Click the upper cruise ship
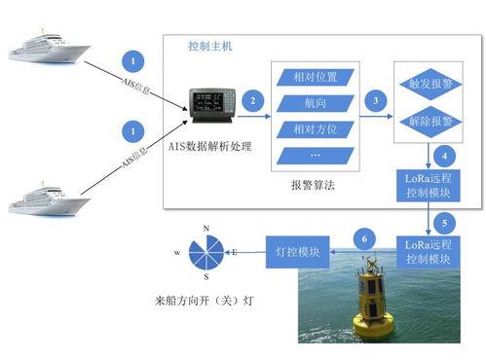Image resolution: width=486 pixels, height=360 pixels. pyautogui.click(x=49, y=48)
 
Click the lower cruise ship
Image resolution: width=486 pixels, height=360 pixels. pyautogui.click(x=49, y=195)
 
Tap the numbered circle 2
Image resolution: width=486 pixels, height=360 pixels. pyautogui.click(x=253, y=100)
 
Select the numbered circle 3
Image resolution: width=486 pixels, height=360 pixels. pyautogui.click(x=374, y=100)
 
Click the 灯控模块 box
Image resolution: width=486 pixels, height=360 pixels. pyautogui.click(x=299, y=254)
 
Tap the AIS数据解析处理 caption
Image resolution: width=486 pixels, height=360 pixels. pyautogui.click(x=211, y=146)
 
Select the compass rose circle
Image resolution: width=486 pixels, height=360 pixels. pyautogui.click(x=206, y=252)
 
